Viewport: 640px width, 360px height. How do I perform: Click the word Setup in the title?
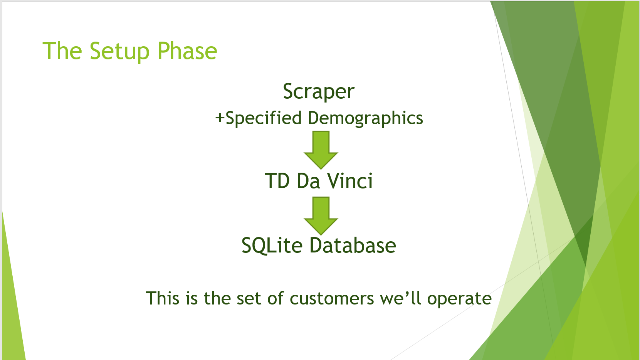pyautogui.click(x=120, y=52)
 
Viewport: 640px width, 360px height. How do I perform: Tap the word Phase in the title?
pyautogui.click(x=187, y=50)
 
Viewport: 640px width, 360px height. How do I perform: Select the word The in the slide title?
pyautogui.click(x=62, y=50)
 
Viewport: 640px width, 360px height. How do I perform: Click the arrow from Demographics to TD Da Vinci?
pyautogui.click(x=321, y=150)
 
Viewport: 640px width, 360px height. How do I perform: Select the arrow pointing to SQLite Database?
pyautogui.click(x=321, y=216)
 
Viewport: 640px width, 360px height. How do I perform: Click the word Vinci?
pyautogui.click(x=350, y=181)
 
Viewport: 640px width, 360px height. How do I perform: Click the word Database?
pyautogui.click(x=353, y=246)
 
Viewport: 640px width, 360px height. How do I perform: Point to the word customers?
pyautogui.click(x=332, y=299)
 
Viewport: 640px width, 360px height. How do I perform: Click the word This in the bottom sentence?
pyautogui.click(x=163, y=298)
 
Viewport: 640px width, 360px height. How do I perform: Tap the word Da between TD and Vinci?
pyautogui.click(x=308, y=181)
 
